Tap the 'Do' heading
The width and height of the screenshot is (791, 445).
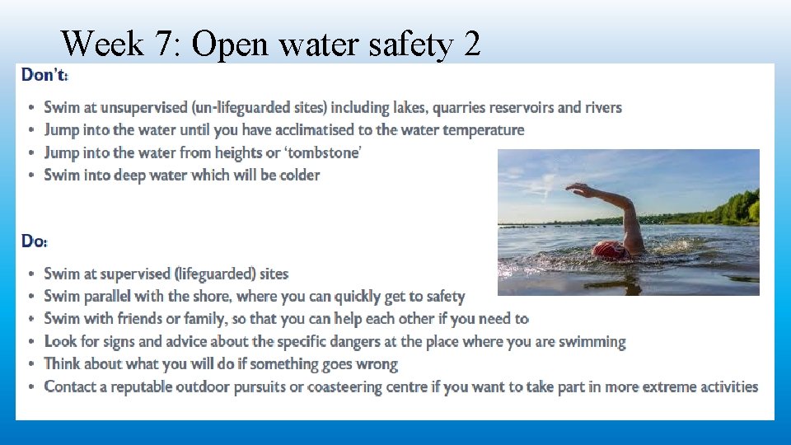34,241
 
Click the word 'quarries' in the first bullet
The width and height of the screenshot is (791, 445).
461,107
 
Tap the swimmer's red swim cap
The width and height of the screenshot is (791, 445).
608,250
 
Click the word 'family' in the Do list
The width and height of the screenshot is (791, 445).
194,318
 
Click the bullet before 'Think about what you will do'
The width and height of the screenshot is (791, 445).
31,364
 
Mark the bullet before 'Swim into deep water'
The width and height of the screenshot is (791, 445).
31,176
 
